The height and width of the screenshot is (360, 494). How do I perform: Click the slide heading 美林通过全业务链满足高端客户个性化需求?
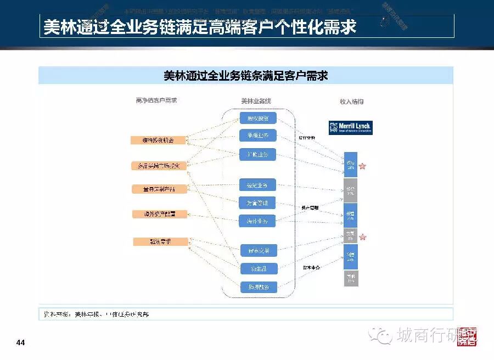click(200, 26)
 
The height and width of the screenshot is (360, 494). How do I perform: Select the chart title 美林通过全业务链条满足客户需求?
click(245, 75)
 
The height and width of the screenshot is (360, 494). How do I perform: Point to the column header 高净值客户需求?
click(156, 101)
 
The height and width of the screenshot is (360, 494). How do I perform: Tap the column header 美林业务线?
click(256, 102)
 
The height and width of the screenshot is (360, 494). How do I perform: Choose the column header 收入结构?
click(351, 102)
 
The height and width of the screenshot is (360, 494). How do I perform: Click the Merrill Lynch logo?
click(350, 127)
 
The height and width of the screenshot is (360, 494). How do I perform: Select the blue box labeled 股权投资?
click(258, 118)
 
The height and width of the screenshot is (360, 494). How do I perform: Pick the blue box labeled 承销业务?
click(258, 136)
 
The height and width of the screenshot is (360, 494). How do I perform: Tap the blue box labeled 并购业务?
click(258, 154)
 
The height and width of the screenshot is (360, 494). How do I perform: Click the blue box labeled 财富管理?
click(257, 203)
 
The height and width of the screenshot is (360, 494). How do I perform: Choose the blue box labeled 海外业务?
click(257, 221)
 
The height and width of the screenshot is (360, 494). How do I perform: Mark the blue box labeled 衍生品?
click(257, 269)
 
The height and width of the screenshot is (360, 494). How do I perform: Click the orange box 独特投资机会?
click(159, 140)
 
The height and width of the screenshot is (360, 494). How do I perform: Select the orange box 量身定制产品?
click(159, 189)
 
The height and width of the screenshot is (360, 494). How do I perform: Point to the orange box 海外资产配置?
click(159, 214)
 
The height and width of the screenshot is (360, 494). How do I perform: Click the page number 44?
click(21, 343)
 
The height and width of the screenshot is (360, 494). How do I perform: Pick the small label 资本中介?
click(311, 268)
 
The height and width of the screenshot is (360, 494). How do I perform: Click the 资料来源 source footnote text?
click(97, 314)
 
